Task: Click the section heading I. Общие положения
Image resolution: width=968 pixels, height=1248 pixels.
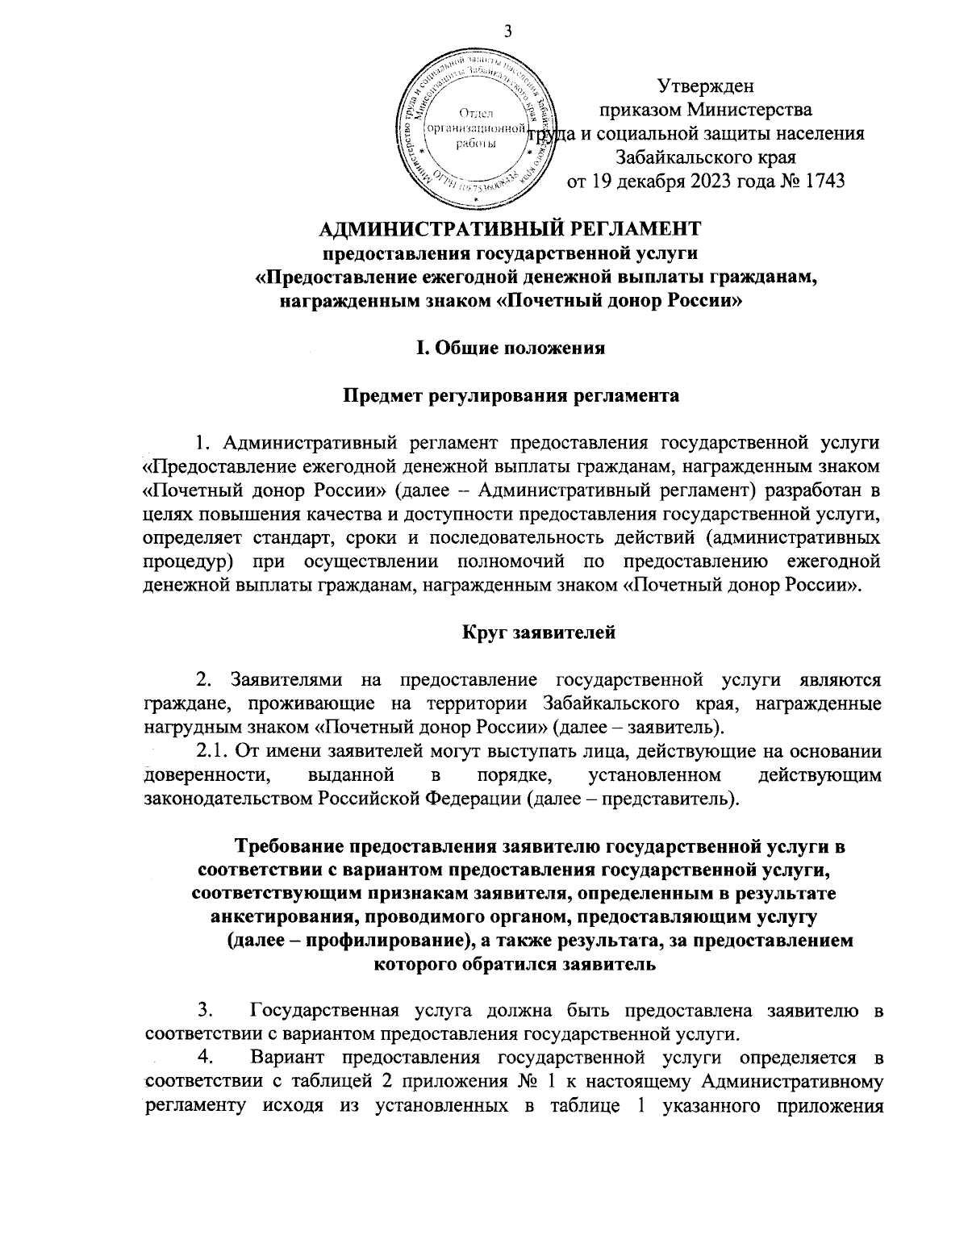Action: (509, 349)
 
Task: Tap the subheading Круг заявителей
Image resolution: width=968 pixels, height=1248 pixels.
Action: (539, 632)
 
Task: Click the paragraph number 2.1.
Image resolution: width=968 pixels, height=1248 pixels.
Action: (214, 751)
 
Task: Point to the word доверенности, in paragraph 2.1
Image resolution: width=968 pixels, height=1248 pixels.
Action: (207, 775)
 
